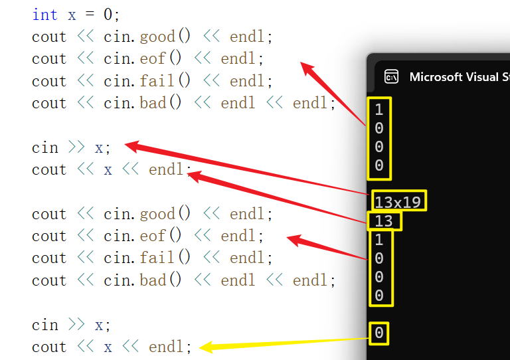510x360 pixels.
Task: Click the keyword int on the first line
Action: pos(44,14)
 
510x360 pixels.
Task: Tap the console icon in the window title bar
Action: pos(392,76)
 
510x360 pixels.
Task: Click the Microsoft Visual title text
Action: pos(454,76)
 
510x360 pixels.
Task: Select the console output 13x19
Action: pos(398,201)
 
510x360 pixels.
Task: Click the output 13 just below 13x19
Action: pos(384,221)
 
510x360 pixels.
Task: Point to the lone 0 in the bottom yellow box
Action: pos(379,333)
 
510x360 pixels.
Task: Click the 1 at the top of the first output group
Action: pos(379,109)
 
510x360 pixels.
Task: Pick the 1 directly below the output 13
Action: pos(379,239)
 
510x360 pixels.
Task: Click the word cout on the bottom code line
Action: pos(49,347)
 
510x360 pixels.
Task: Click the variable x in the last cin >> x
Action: pos(99,325)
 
